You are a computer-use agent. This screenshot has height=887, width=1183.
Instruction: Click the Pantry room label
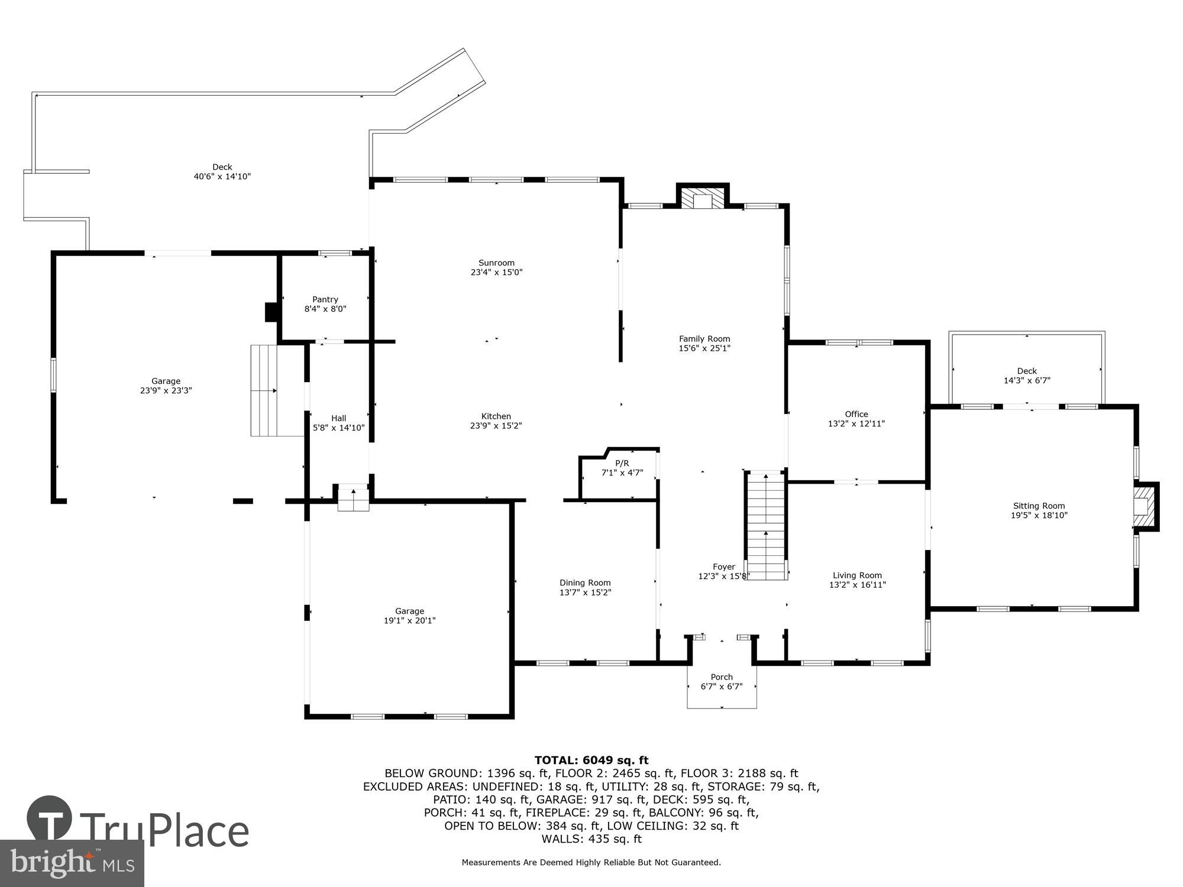(325, 299)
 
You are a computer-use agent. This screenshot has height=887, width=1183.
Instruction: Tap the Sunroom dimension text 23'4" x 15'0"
(496, 273)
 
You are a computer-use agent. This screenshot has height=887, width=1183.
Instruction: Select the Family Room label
(704, 339)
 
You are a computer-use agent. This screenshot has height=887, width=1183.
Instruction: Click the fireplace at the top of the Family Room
(703, 198)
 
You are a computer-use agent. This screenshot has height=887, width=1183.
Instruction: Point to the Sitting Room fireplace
(1144, 506)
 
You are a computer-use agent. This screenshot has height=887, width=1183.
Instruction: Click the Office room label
(856, 414)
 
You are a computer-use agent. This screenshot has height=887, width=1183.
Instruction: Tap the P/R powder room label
(622, 463)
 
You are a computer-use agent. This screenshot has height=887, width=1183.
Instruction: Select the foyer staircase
(765, 526)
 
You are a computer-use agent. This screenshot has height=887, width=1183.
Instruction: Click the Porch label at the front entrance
(721, 677)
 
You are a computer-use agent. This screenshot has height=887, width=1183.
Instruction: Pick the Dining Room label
(585, 582)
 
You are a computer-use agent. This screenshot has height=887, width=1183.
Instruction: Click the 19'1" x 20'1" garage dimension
(409, 620)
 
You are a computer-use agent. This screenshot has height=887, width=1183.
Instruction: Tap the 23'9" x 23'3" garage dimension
(166, 390)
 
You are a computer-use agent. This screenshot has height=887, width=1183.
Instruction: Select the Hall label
(338, 418)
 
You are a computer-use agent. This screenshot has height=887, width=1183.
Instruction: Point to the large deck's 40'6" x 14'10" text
(222, 176)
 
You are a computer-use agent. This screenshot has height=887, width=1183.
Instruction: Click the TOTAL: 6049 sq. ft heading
(591, 760)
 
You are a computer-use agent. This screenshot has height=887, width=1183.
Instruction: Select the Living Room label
(857, 575)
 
